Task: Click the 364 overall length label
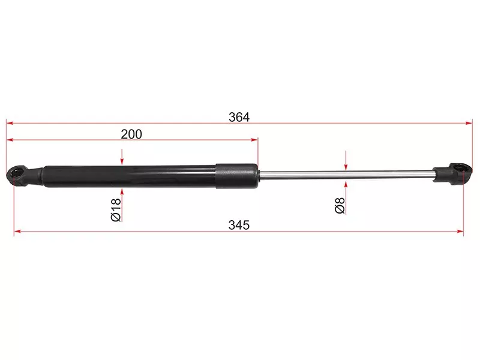[239, 117]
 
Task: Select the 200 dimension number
[131, 134]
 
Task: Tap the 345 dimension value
[239, 225]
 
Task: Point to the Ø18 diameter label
[116, 209]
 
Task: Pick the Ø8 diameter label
[340, 205]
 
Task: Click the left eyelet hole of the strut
[17, 172]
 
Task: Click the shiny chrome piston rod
[346, 174]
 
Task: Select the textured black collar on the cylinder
[236, 176]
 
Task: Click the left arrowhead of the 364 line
[10, 124]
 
